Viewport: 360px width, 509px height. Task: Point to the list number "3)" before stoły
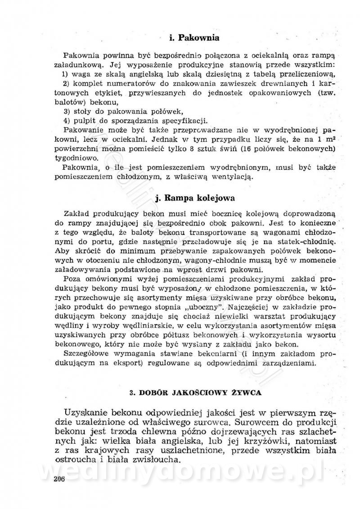coord(63,111)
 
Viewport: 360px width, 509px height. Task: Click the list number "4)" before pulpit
coord(63,120)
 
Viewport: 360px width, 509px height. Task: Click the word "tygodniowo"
coord(76,158)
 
